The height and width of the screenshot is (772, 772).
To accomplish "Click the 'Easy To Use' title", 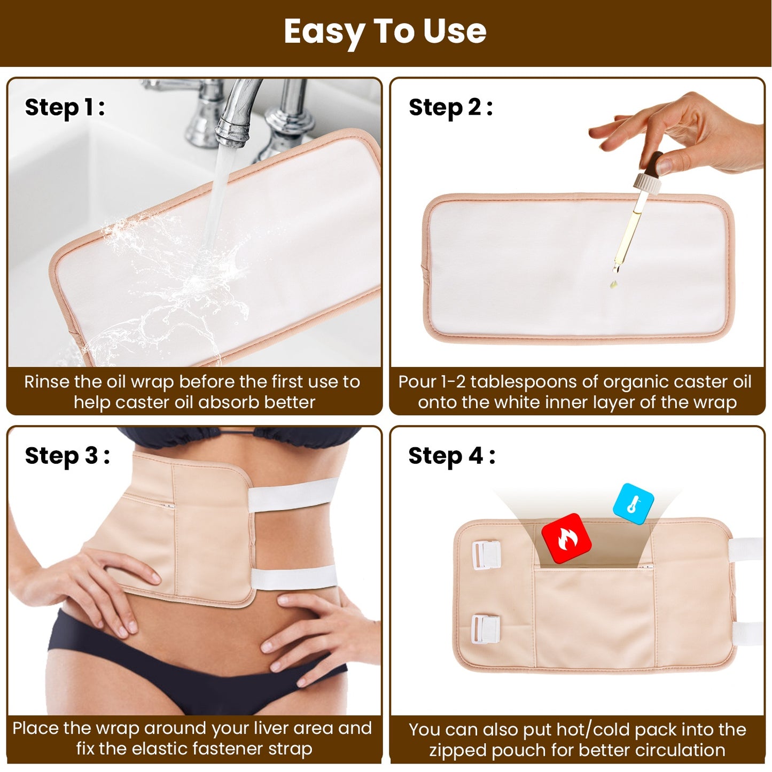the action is pos(385,32).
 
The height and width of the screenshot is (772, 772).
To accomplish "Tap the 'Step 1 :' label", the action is pos(65,107).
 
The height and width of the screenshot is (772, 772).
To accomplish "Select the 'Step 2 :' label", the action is pos(450,107).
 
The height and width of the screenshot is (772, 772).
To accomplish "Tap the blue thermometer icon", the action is pos(634,504).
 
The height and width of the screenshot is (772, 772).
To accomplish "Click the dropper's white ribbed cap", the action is pos(646,183).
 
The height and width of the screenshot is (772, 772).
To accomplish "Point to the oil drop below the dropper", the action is pos(613,284).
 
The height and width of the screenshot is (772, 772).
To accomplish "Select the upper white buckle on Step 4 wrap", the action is pos(486,555).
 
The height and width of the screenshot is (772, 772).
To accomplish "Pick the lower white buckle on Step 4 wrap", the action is pos(485,629).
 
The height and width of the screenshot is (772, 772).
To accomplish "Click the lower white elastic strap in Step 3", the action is pos(294,578).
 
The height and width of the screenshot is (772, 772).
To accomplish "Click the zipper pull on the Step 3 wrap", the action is pos(169,506).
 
